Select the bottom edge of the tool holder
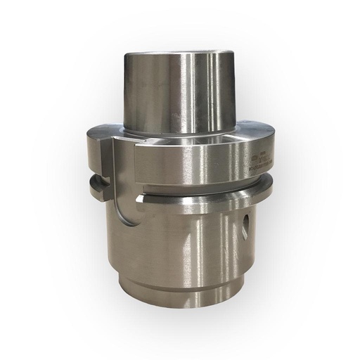(x=184, y=310)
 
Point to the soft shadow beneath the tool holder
(x=184, y=325)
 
